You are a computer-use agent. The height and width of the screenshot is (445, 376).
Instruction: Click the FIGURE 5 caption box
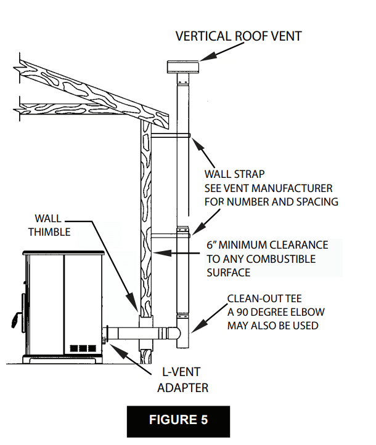pyautogui.click(x=178, y=421)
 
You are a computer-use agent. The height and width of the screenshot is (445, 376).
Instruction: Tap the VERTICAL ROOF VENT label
pyautogui.click(x=239, y=36)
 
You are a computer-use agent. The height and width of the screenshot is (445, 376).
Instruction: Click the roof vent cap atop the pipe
pyautogui.click(x=183, y=67)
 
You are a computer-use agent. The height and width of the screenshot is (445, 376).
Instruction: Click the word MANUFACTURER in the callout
pyautogui.click(x=293, y=188)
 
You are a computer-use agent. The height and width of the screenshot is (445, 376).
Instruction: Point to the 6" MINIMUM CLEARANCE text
pyautogui.click(x=266, y=245)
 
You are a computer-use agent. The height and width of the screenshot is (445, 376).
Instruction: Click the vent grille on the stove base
pyautogui.click(x=83, y=348)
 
